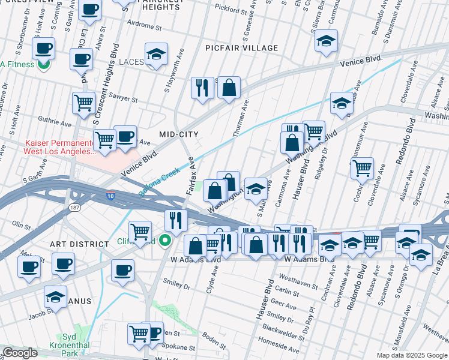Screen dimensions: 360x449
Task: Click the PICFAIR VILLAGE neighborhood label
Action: click(241, 48)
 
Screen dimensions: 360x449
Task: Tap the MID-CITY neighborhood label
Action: click(178, 134)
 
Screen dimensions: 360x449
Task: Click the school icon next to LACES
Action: click(156, 55)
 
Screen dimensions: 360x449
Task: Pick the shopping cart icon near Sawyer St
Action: click(84, 103)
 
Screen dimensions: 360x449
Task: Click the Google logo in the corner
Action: click(20, 353)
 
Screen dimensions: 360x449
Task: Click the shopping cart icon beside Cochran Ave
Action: click(362, 170)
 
